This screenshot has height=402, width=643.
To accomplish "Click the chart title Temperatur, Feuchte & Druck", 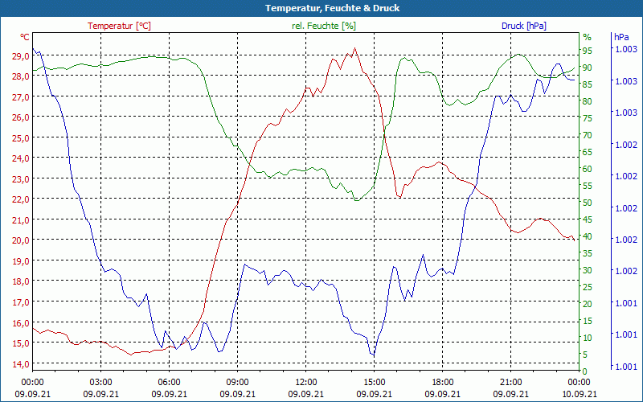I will click(321, 8).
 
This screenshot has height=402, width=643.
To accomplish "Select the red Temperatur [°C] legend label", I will click(119, 26).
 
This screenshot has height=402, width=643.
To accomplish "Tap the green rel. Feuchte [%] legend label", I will click(323, 26).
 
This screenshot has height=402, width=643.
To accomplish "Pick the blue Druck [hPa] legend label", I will click(523, 26).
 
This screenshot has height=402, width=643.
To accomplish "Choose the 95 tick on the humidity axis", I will click(588, 50).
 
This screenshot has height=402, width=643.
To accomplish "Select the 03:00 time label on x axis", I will click(100, 382).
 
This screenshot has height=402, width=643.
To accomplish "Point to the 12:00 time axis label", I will click(305, 382).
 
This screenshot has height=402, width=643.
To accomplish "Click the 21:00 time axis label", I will click(510, 382).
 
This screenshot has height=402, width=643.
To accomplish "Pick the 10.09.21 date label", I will click(580, 394).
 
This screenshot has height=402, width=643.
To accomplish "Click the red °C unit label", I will click(25, 37).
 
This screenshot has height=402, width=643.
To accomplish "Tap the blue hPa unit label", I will click(621, 37).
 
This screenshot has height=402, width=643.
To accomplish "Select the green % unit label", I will click(587, 37).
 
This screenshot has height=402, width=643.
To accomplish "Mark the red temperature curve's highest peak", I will click(354, 48).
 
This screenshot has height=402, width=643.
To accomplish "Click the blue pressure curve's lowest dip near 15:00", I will click(373, 355).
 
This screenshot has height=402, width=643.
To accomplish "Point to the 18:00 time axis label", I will click(442, 382).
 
